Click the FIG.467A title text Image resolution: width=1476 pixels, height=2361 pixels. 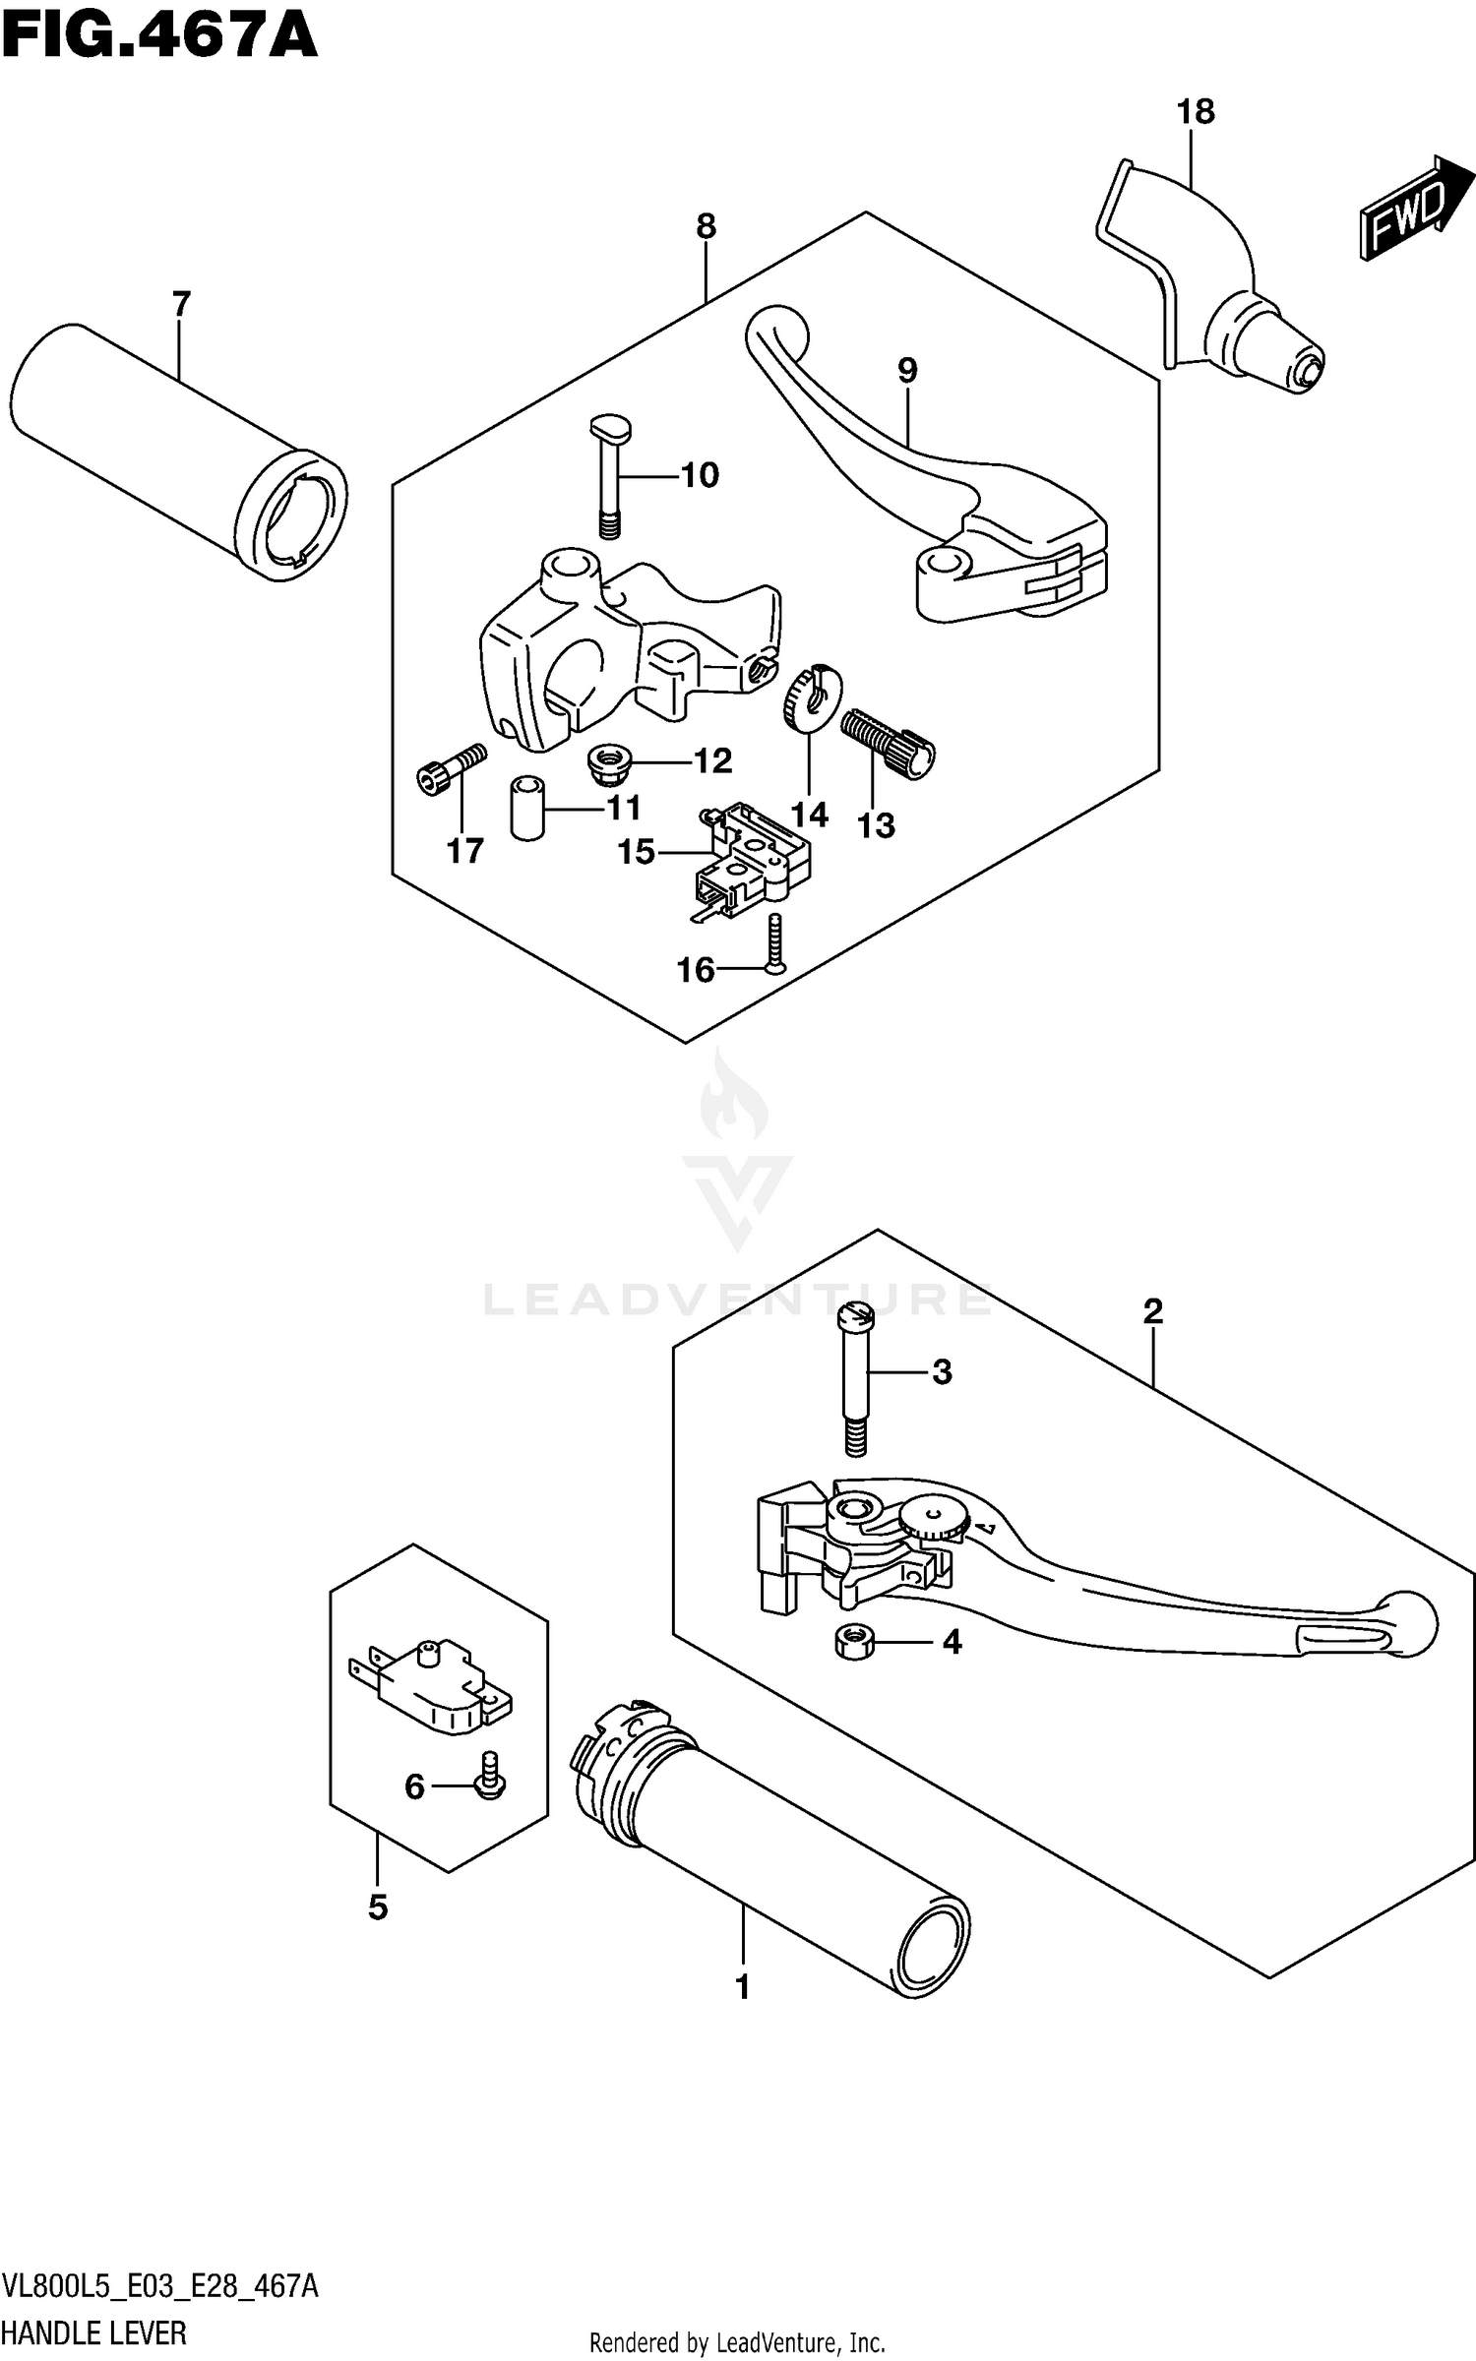[159, 39]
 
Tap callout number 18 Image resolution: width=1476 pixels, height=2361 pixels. [1196, 112]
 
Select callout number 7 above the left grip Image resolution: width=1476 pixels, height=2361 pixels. [180, 304]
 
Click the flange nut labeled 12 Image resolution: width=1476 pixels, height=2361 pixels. [608, 762]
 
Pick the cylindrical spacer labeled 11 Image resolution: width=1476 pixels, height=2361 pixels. [527, 806]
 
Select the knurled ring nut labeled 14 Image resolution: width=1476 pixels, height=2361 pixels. [810, 697]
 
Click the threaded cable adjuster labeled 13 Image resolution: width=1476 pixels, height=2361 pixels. [888, 743]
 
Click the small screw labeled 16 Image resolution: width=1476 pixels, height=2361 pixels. [776, 943]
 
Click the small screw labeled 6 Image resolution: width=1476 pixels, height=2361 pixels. [490, 1785]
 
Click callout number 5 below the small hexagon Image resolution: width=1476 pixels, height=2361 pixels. [378, 1907]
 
